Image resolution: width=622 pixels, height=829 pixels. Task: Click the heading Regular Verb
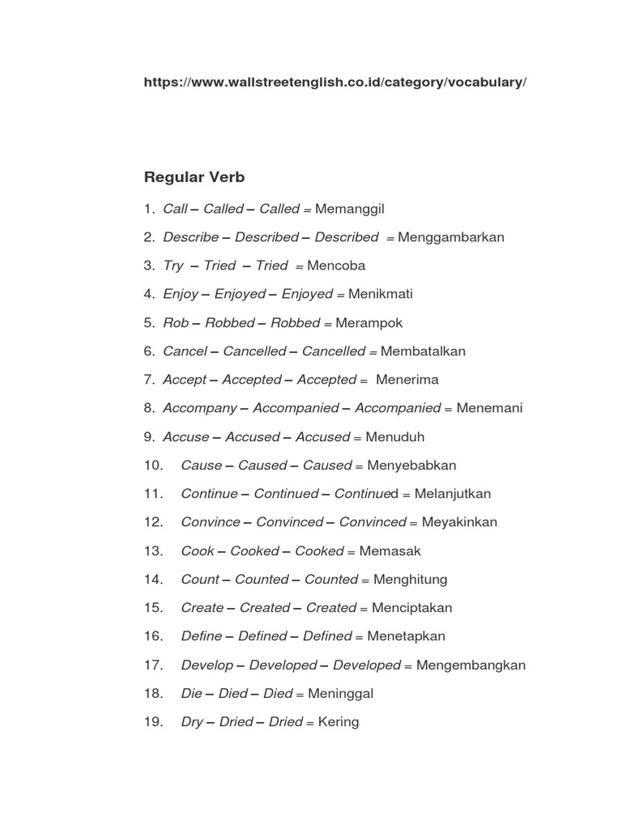coord(194,176)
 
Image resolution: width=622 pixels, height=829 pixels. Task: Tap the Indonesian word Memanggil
coord(349,209)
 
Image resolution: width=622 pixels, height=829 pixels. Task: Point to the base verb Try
coord(173,266)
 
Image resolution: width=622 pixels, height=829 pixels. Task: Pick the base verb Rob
coord(176,322)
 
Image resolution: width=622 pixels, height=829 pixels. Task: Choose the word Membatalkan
coord(423,351)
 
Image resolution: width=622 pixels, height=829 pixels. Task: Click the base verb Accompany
coord(200,408)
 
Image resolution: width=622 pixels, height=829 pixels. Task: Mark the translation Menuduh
coord(394,436)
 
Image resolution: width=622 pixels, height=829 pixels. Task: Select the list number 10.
coord(154,466)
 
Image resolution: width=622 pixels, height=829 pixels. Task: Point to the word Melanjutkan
coord(453,494)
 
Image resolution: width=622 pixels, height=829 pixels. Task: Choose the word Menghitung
coord(410,580)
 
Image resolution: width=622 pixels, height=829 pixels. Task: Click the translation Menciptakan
coord(409,608)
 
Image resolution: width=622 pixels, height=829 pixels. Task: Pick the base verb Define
coord(202,636)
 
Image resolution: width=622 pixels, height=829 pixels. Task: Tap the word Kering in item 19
coord(339,721)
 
